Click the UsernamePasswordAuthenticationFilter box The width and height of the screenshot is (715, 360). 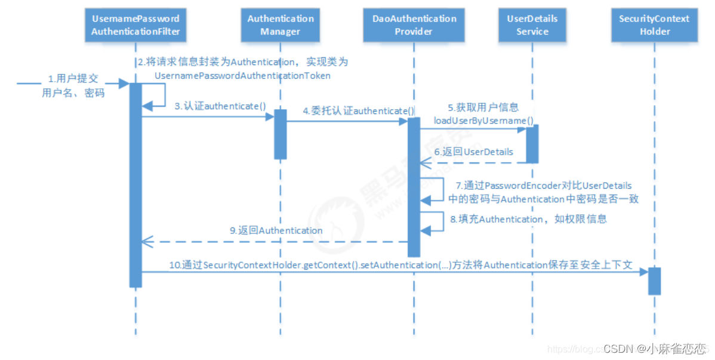point(135,25)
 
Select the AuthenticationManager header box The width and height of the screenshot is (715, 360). point(280,25)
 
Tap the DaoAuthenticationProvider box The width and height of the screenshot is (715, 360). point(414,25)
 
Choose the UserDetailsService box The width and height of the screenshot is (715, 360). point(532,25)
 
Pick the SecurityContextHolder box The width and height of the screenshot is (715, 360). point(654,25)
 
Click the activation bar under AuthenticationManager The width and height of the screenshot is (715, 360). point(280,134)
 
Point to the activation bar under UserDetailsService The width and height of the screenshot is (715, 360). point(532,143)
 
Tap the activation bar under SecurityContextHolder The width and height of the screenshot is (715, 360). point(654,281)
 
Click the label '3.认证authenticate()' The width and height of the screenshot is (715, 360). point(220,106)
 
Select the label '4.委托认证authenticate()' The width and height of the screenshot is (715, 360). point(358,110)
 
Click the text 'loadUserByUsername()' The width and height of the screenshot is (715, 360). point(483,121)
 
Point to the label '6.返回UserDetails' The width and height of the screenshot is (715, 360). point(474,152)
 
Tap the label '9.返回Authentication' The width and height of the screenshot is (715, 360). point(276,230)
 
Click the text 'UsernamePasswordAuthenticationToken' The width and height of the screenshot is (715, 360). point(242,76)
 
